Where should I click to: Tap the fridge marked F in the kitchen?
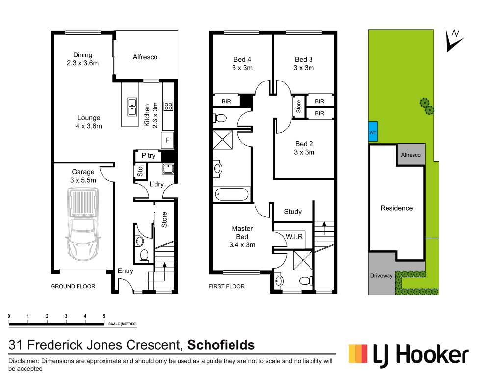click(167, 140)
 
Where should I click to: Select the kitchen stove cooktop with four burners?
click(168, 106)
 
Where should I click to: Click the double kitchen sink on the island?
click(132, 107)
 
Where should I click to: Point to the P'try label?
click(148, 156)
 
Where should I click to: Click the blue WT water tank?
click(373, 132)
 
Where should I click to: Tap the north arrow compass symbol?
click(454, 39)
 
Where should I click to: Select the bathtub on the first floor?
click(232, 194)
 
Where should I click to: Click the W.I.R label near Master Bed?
click(295, 236)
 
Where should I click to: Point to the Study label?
click(293, 212)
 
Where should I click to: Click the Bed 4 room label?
click(242, 60)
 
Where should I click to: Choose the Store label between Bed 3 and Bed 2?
click(298, 107)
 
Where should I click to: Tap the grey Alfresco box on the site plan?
click(411, 155)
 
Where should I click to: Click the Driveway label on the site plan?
click(381, 276)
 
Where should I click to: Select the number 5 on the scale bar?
click(104, 316)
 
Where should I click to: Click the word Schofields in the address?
click(221, 345)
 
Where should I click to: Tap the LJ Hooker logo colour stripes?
click(358, 353)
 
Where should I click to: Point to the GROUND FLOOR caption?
click(73, 286)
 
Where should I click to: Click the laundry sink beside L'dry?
click(168, 169)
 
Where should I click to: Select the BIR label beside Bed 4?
click(226, 101)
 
